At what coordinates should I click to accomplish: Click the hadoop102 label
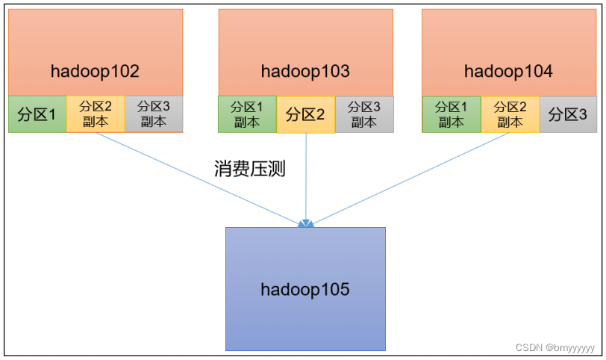tap(95, 72)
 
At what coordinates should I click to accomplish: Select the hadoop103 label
tap(305, 72)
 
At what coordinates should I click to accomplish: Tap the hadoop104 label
tap(508, 72)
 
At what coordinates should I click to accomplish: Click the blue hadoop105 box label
tap(305, 290)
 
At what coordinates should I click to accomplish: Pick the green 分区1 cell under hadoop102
tap(37, 114)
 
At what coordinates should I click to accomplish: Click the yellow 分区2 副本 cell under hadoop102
tap(96, 114)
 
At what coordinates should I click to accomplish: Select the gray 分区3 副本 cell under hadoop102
tap(154, 114)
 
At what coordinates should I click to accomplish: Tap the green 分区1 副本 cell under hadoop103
tap(247, 114)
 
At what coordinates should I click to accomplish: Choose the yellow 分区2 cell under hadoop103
tap(306, 114)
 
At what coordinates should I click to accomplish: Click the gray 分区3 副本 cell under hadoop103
tap(364, 114)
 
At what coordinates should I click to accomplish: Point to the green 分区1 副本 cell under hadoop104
tap(452, 114)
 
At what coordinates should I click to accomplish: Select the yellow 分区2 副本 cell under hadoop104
tap(510, 114)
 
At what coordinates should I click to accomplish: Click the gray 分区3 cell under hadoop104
tap(568, 114)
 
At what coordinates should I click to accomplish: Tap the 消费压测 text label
tap(250, 169)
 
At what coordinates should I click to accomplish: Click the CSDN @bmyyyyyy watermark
tap(555, 347)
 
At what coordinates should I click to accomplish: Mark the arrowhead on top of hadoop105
tap(306, 223)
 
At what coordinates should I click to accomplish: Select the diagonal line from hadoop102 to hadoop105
tap(197, 179)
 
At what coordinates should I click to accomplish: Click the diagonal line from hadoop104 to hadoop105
tap(410, 179)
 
